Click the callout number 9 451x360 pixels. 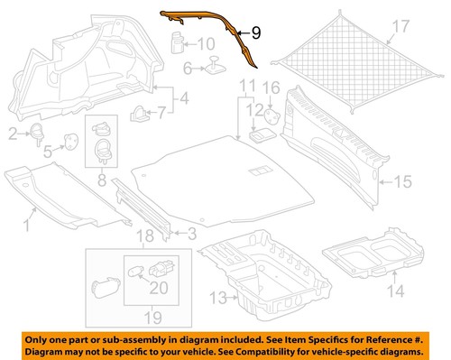pyautogui.click(x=256, y=32)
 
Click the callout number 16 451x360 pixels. pyautogui.click(x=272, y=88)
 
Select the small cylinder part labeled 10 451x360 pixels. pyautogui.click(x=178, y=42)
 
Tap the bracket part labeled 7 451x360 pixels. pyautogui.click(x=139, y=114)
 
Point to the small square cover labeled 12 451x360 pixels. pyautogui.click(x=261, y=134)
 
